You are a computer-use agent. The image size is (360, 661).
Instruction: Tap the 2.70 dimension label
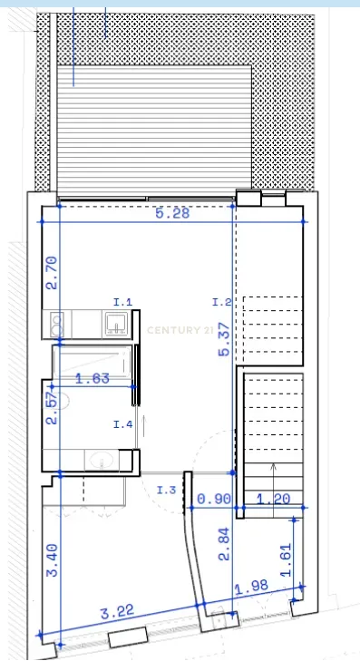(x=52, y=271)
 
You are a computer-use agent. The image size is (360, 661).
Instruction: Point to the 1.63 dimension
(x=92, y=379)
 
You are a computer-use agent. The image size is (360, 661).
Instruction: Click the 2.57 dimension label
(x=52, y=408)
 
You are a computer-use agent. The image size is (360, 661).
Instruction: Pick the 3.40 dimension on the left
(x=52, y=559)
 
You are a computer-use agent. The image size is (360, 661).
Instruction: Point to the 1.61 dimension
(x=287, y=560)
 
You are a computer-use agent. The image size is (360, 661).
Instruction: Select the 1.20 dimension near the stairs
(x=272, y=499)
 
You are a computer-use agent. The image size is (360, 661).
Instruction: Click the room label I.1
(x=123, y=301)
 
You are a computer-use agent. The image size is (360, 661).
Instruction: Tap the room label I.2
(x=222, y=301)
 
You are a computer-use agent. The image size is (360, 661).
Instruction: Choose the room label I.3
(x=166, y=491)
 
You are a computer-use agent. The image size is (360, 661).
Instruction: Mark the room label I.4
(x=123, y=423)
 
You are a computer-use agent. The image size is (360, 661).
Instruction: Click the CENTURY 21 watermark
(x=180, y=330)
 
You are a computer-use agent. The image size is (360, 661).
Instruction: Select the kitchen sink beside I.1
(x=116, y=324)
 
